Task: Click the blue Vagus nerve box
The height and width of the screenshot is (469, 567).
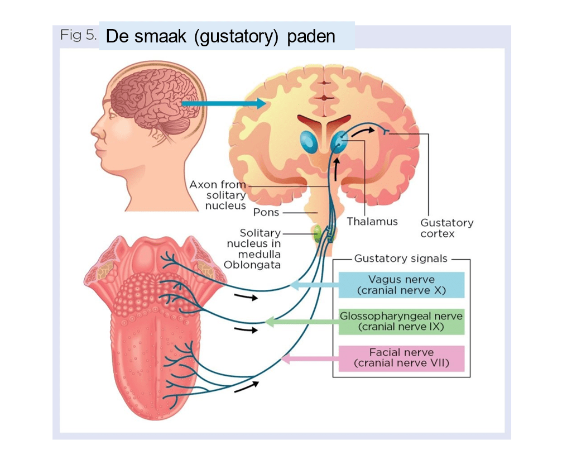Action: click(x=401, y=285)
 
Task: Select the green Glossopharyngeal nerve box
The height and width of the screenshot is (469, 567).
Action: click(x=401, y=321)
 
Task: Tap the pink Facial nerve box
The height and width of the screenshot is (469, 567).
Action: click(x=401, y=358)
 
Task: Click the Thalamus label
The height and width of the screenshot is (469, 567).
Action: click(x=372, y=221)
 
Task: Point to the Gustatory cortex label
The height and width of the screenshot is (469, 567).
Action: click(x=446, y=228)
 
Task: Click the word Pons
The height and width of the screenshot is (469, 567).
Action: click(x=266, y=212)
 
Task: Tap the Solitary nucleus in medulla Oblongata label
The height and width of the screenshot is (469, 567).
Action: click(x=253, y=248)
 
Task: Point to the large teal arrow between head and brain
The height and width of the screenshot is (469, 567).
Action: click(x=223, y=103)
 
